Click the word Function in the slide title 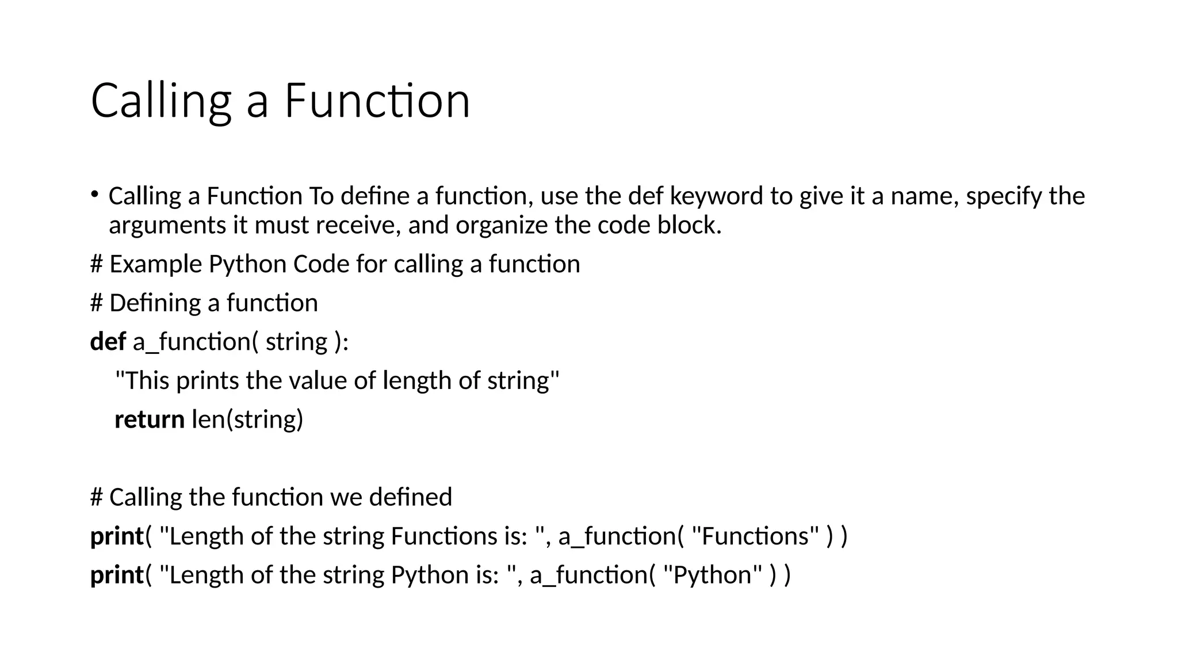click(x=377, y=101)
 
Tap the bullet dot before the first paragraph click(x=94, y=193)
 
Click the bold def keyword click(x=108, y=342)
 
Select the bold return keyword click(x=150, y=420)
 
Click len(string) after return click(x=247, y=420)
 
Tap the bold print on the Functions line click(x=116, y=536)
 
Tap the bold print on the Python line click(x=116, y=575)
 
